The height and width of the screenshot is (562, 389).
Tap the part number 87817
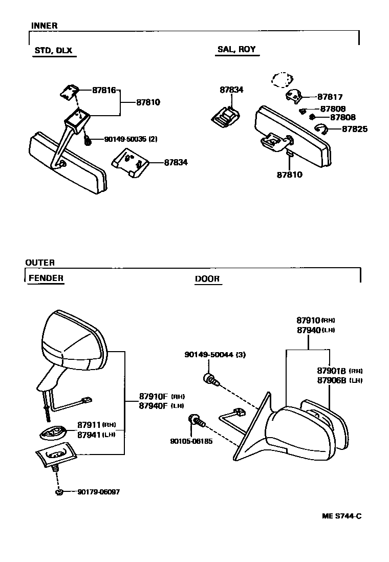pos(330,97)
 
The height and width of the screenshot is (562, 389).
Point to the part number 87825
pos(355,129)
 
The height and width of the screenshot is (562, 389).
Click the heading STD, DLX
pos(53,50)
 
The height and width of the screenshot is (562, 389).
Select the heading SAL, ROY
pos(236,50)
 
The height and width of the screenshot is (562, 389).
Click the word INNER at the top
pos(44,26)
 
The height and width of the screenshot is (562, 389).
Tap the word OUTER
pos(40,263)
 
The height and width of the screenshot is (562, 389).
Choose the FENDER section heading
pos(46,278)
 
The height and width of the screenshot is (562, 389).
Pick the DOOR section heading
pos(207,279)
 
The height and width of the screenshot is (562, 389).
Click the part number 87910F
pos(154,396)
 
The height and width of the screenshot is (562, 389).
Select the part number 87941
pos(90,435)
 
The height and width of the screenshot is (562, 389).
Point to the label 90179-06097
pos(99,492)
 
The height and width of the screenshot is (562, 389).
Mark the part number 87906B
pos(332,380)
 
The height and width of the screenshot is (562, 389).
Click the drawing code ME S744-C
pos(341,516)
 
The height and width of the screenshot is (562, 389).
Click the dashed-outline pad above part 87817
pos(281,80)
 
